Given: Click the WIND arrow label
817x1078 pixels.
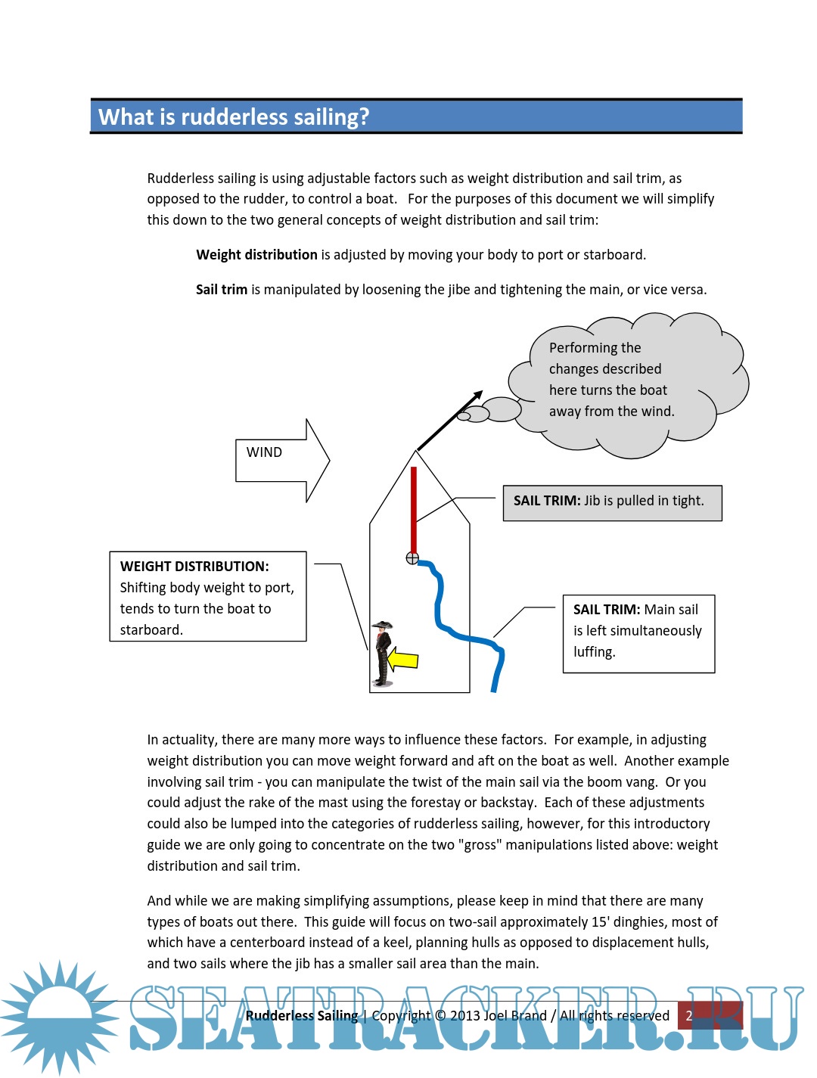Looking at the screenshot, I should (x=264, y=452).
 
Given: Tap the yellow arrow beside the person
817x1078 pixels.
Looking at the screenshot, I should (x=402, y=660).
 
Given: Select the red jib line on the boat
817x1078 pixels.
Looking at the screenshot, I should (x=414, y=511).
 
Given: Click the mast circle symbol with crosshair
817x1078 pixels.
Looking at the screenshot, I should (x=412, y=558).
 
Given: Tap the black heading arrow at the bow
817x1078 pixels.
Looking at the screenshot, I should (x=450, y=421).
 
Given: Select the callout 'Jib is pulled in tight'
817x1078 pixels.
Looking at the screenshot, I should (x=612, y=502).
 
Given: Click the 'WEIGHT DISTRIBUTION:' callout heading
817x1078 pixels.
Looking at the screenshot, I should (x=194, y=567).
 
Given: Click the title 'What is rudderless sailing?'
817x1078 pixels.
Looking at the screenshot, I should (x=234, y=117).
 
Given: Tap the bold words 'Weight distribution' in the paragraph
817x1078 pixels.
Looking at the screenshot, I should (x=256, y=255).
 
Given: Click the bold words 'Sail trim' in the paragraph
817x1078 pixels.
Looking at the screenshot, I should (x=222, y=290).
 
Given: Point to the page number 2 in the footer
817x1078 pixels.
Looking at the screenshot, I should (x=689, y=1016).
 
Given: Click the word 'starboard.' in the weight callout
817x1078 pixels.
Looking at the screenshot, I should (x=151, y=630).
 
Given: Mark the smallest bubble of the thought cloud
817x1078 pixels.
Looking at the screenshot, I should (x=464, y=416).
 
